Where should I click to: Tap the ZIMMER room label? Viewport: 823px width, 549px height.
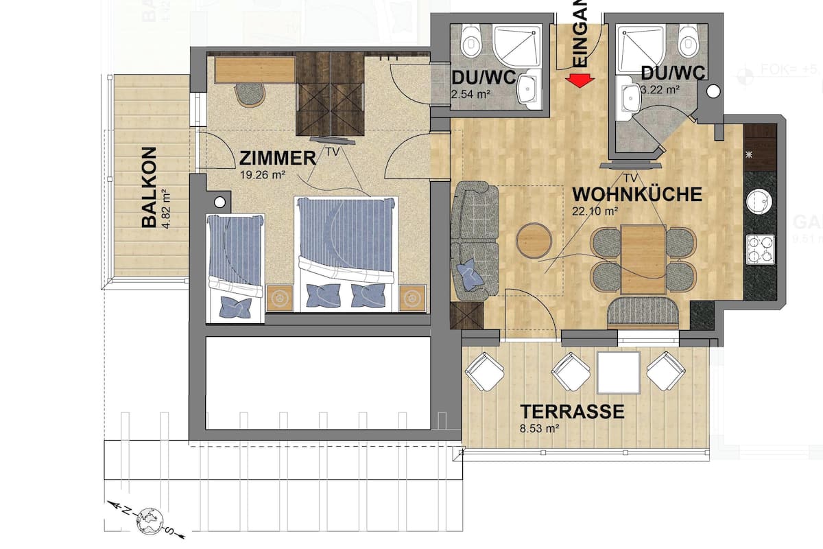pyautogui.click(x=277, y=159)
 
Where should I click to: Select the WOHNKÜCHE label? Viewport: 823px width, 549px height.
pyautogui.click(x=637, y=194)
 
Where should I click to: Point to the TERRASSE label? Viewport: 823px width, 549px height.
pyautogui.click(x=572, y=412)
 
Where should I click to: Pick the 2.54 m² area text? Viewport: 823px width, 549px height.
pyautogui.click(x=468, y=93)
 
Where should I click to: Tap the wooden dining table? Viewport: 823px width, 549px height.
pyautogui.click(x=643, y=259)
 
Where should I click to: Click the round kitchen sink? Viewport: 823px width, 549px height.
pyautogui.click(x=760, y=202)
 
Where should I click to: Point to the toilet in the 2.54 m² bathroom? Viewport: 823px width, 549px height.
pyautogui.click(x=471, y=42)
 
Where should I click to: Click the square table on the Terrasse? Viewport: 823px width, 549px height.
pyautogui.click(x=618, y=372)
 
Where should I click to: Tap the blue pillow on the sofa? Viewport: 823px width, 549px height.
pyautogui.click(x=471, y=274)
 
